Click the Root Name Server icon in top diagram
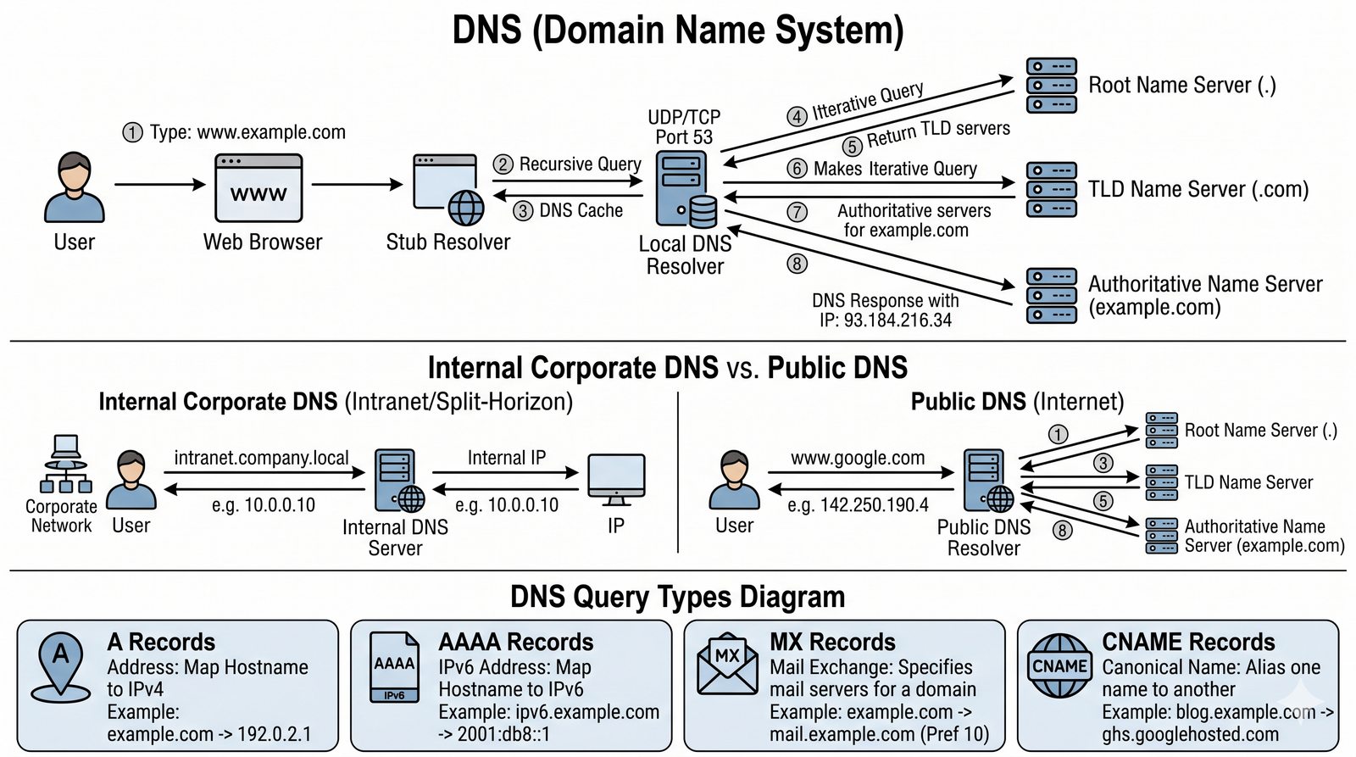click(x=1051, y=86)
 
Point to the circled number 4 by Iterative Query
click(x=797, y=116)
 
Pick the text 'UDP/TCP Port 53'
click(x=684, y=127)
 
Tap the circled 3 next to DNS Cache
click(x=523, y=211)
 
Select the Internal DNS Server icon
click(x=399, y=481)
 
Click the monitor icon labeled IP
click(x=616, y=480)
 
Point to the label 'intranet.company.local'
click(x=261, y=459)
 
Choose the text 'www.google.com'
click(x=858, y=459)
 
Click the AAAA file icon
click(x=395, y=667)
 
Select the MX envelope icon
click(x=726, y=665)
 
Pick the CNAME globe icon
click(x=1059, y=666)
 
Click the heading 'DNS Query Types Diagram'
click(x=677, y=597)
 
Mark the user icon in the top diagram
click(x=75, y=187)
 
